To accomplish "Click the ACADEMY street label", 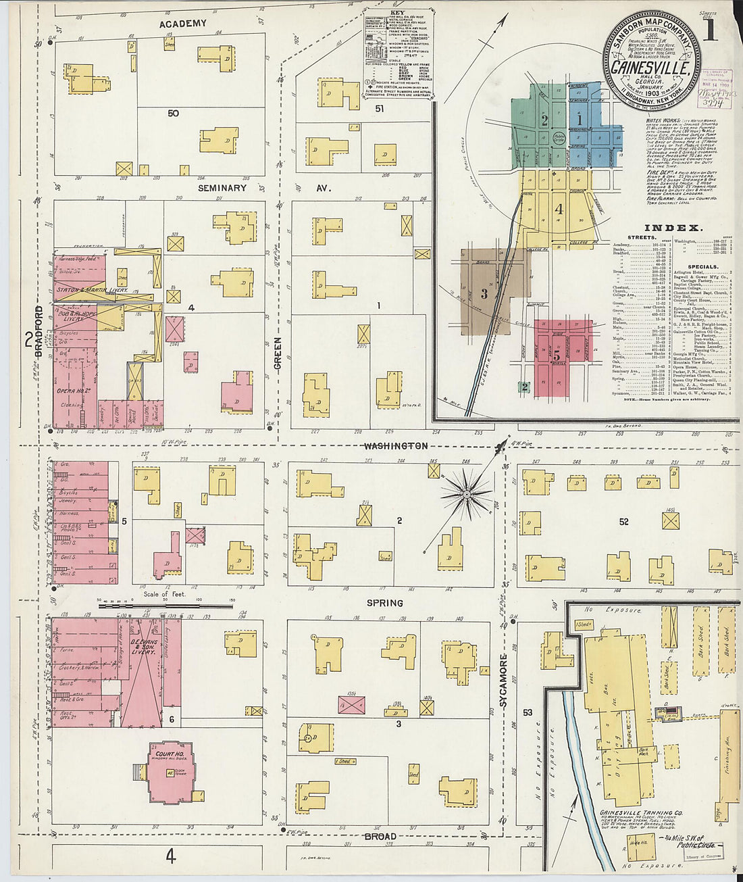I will pyautogui.click(x=182, y=24).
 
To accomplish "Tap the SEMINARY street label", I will pyautogui.click(x=222, y=187).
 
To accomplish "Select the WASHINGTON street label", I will pyautogui.click(x=395, y=446).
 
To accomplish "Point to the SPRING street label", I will pyautogui.click(x=384, y=603).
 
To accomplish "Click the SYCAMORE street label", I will pyautogui.click(x=504, y=681).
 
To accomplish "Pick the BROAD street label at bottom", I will pyautogui.click(x=380, y=837).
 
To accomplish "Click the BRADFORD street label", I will pyautogui.click(x=39, y=331).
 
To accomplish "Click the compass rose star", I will pyautogui.click(x=466, y=495).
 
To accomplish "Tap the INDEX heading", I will pyautogui.click(x=673, y=228).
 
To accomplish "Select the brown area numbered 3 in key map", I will pyautogui.click(x=484, y=293).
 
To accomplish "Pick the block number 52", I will pyautogui.click(x=623, y=522).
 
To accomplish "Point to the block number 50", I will pyautogui.click(x=174, y=114).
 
